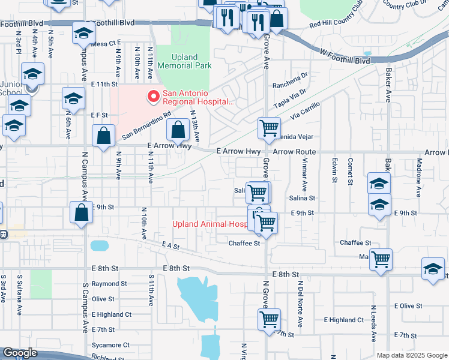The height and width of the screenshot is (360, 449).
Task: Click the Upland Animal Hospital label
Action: [209, 224]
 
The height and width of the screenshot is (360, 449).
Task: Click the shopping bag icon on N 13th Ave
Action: [178, 130]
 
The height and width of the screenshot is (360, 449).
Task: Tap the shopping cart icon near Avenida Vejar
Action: [269, 127]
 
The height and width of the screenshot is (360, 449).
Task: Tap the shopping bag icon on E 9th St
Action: [81, 213]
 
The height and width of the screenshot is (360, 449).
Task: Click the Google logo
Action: [20, 353]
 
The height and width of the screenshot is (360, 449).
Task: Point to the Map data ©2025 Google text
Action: [411, 355]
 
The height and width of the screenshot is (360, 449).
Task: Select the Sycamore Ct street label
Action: [111, 345]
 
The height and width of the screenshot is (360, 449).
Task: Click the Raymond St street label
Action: [109, 283]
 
